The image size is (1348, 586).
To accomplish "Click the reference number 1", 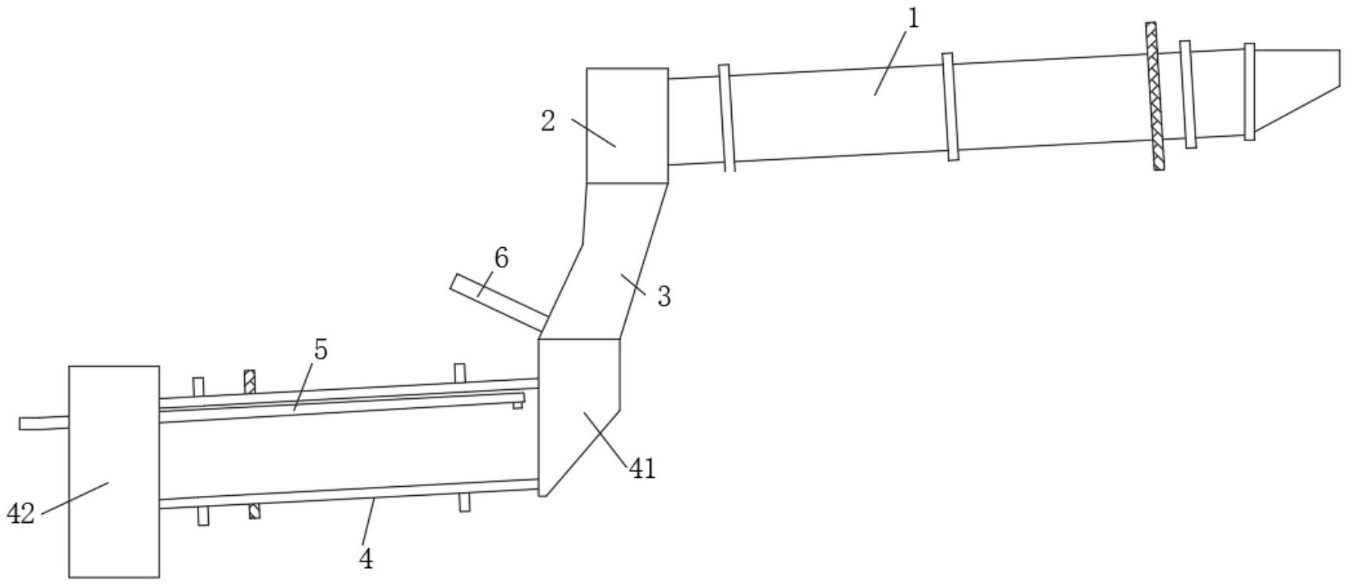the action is [913, 20].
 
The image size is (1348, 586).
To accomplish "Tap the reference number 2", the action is [549, 121].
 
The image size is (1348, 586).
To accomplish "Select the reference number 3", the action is [663, 297].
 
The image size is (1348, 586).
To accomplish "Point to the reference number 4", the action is [366, 558].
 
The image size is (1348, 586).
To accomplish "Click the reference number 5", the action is [321, 350].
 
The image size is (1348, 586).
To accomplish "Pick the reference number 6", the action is [501, 258].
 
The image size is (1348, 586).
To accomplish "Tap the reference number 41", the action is [642, 470].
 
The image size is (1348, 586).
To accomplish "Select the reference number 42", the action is [20, 515].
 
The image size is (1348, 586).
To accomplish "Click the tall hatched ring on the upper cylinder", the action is [1155, 96].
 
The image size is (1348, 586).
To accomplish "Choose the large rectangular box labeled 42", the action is [113, 472].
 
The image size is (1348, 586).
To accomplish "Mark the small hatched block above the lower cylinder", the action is [250, 381].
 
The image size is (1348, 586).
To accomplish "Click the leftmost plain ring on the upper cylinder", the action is [726, 118].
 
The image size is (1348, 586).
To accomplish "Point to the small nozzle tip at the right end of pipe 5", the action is [518, 405].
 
